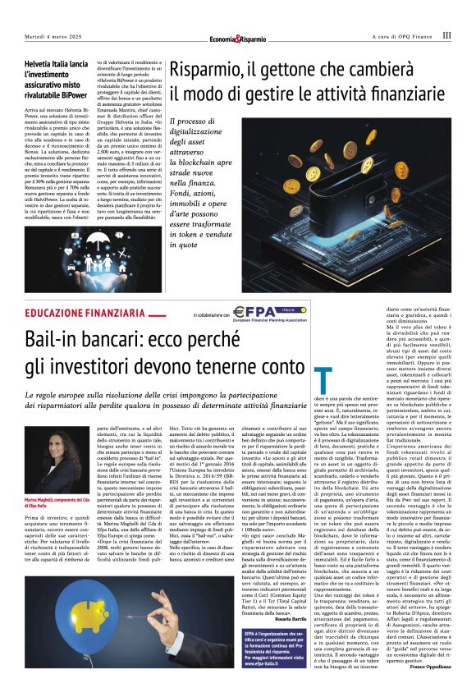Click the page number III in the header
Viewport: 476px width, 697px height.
pos(446,35)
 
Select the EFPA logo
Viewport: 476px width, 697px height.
pos(251,312)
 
